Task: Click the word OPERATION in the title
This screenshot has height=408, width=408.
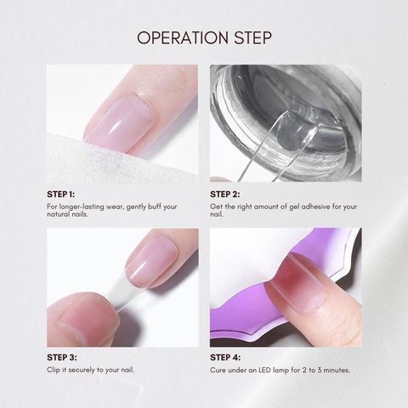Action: pyautogui.click(x=183, y=37)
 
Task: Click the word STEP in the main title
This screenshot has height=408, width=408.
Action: pyautogui.click(x=253, y=37)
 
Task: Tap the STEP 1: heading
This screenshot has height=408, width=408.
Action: pyautogui.click(x=61, y=195)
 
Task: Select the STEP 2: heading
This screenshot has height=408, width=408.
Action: pyautogui.click(x=225, y=195)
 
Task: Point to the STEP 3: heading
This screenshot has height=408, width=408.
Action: pyautogui.click(x=62, y=358)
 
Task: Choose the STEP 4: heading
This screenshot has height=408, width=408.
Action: pyautogui.click(x=225, y=358)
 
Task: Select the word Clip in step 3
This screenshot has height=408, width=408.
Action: pyautogui.click(x=54, y=370)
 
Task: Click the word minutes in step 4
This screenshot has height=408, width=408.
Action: pyautogui.click(x=337, y=370)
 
